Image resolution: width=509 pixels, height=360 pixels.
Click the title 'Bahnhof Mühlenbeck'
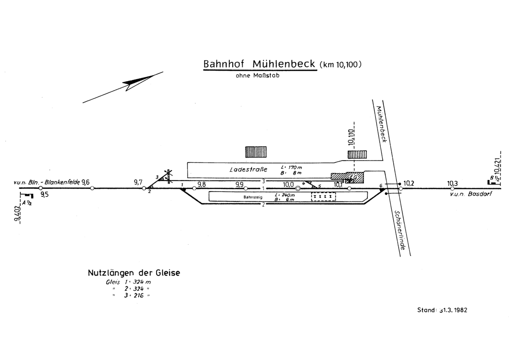coord(259,65)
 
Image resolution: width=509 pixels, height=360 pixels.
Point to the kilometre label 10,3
coord(452,183)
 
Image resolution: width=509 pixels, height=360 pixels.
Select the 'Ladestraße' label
coord(248,170)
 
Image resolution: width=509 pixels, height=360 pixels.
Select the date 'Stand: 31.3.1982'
coord(442,310)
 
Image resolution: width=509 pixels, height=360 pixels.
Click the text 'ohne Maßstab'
coord(254,76)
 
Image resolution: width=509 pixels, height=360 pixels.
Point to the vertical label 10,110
coord(351,134)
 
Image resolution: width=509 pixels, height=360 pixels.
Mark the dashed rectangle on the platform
coord(324,197)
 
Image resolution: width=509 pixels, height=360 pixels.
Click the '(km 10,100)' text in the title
coord(340,64)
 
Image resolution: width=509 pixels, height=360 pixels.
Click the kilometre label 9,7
coord(139,182)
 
